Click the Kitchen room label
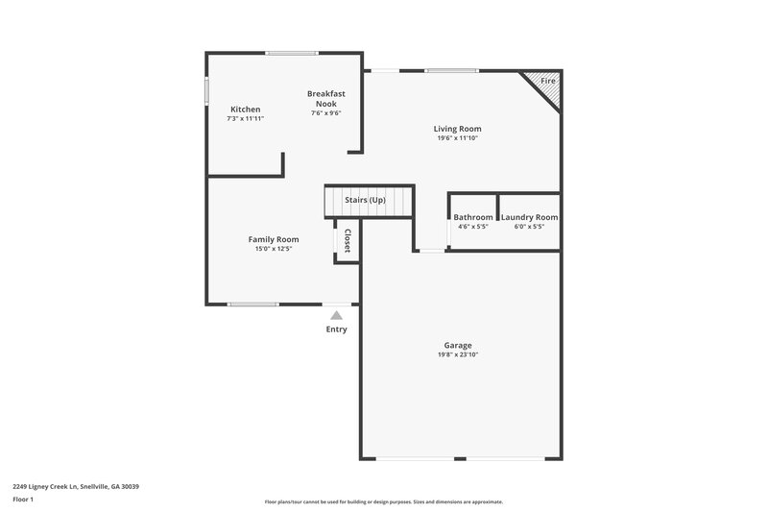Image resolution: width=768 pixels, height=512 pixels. point(245,110)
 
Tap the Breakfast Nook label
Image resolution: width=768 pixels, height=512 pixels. point(326,98)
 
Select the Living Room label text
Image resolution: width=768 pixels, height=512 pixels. point(457,129)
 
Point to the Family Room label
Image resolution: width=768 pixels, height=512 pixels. point(274,239)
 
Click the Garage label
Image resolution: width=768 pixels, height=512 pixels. point(457,345)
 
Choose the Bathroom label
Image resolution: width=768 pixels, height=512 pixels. point(473,217)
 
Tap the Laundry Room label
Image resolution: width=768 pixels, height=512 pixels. point(529,217)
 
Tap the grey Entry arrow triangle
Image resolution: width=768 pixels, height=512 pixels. point(336,313)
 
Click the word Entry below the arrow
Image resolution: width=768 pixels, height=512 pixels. point(336,329)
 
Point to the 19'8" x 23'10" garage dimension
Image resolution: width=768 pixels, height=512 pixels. point(457,355)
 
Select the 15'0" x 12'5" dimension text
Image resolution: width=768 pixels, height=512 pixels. point(274,249)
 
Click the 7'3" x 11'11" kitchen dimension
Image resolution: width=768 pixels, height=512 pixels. point(245,119)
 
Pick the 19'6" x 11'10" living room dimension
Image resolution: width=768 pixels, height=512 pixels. point(457,138)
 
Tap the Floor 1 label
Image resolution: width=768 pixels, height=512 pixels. point(24,500)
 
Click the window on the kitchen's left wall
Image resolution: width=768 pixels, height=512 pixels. point(206,89)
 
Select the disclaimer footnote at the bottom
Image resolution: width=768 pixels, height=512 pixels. point(384,501)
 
